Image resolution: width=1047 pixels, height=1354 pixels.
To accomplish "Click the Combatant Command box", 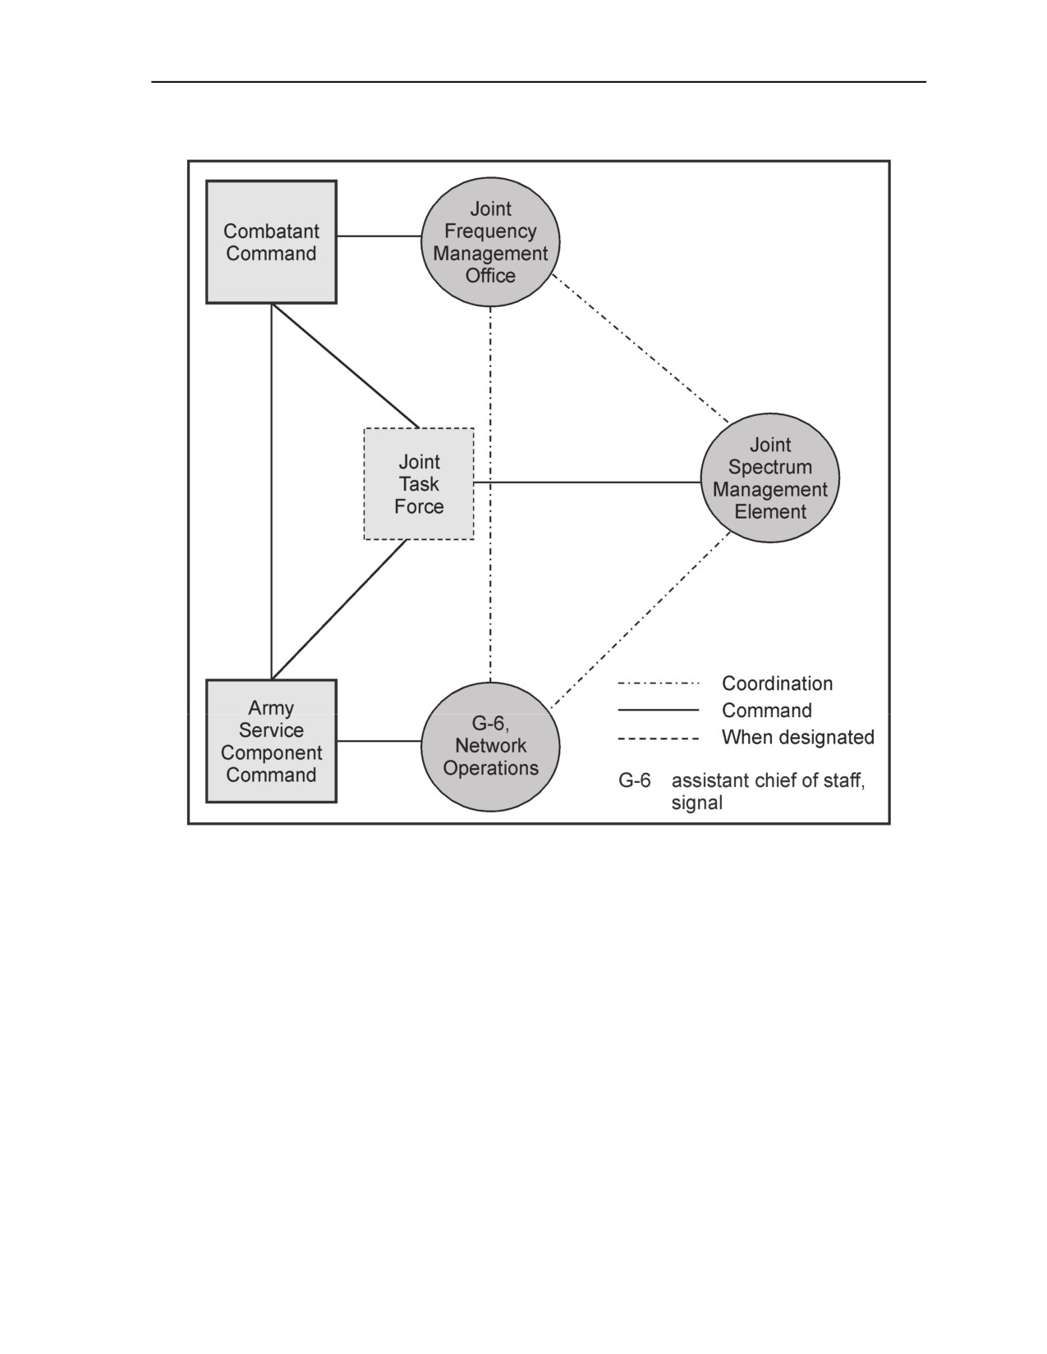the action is (x=271, y=242).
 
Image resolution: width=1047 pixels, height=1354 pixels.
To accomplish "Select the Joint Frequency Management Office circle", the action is (x=490, y=242).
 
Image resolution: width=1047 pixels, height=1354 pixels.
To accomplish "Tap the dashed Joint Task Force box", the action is (x=419, y=483).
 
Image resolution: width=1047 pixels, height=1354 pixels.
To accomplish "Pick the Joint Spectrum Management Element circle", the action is (x=769, y=478).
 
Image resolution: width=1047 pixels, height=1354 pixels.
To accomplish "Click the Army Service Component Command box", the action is (x=271, y=741).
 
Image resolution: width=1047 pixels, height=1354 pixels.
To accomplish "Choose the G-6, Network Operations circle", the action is (x=490, y=747).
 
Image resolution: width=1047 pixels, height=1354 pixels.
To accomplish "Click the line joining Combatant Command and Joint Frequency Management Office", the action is (x=379, y=236).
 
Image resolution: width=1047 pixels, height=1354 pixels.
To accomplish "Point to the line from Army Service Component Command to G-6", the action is (x=379, y=741).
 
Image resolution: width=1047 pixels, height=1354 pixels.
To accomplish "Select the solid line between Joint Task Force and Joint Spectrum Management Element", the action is (x=587, y=482).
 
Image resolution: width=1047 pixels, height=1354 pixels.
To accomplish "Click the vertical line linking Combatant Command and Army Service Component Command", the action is (x=271, y=492).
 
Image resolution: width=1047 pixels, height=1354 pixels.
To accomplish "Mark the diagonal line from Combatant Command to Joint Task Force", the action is (x=346, y=366).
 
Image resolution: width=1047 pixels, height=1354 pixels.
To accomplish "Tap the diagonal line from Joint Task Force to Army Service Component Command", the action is (x=340, y=610).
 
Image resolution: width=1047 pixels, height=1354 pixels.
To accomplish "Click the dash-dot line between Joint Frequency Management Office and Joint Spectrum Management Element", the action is (x=641, y=349).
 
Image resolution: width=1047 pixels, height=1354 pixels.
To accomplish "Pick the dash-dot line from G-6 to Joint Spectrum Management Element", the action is (x=641, y=620).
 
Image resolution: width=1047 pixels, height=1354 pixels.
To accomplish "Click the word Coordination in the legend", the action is (x=777, y=684).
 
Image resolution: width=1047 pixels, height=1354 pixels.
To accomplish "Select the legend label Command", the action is (x=767, y=711).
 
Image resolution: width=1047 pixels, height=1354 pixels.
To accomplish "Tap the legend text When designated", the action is (x=798, y=737).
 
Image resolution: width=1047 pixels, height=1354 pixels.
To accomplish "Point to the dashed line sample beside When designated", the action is (x=658, y=739).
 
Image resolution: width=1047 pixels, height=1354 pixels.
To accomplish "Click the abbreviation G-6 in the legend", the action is (x=634, y=780).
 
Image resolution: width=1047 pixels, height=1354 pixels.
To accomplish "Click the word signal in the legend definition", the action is (x=696, y=803).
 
